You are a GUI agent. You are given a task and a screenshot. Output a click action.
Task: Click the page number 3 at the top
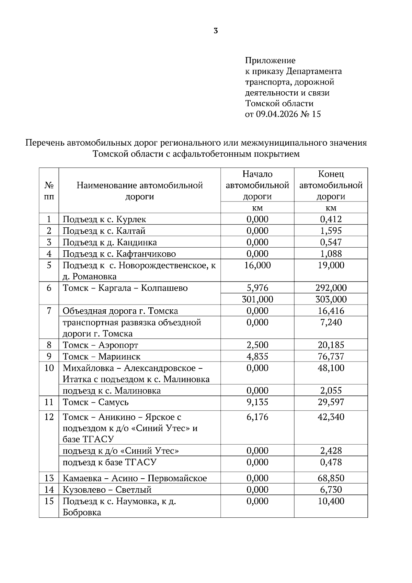[x=216, y=31]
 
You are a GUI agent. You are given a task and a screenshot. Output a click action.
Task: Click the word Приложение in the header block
[x=270, y=61]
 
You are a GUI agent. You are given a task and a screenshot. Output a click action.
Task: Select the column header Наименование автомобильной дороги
[x=139, y=191]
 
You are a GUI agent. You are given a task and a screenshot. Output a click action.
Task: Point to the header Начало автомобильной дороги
[x=257, y=185]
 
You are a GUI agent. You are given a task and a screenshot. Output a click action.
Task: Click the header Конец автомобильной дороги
[x=331, y=185]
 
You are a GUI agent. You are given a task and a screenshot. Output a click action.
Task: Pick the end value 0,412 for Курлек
[x=331, y=219]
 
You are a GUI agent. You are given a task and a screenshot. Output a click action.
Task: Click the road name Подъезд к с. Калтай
[x=104, y=231]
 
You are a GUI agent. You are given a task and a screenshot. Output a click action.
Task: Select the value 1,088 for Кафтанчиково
[x=331, y=254]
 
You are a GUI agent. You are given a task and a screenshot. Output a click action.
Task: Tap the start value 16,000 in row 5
[x=257, y=265]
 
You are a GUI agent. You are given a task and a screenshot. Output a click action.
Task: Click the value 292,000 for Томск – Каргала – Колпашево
[x=331, y=288]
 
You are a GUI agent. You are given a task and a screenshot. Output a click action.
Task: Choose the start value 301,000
[x=257, y=299]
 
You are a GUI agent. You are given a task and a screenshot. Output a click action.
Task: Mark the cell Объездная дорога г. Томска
[x=120, y=311]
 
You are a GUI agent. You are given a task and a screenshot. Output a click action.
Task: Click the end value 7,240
[x=331, y=322]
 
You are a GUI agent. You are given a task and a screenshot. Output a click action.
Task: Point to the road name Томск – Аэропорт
[x=100, y=345]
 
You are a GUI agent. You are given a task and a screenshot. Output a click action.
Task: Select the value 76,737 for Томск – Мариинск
[x=331, y=356]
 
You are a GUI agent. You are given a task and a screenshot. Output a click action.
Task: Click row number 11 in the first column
[x=49, y=402]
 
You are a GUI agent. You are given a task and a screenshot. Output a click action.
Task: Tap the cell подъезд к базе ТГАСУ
[x=109, y=462]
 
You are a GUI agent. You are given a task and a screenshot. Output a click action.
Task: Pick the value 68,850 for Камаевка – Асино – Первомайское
[x=331, y=478]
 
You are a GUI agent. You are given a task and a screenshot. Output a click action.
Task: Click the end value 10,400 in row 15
[x=331, y=501]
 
